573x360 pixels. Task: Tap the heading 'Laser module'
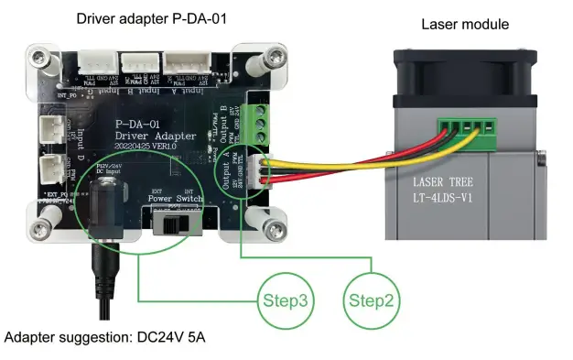[x=465, y=24]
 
